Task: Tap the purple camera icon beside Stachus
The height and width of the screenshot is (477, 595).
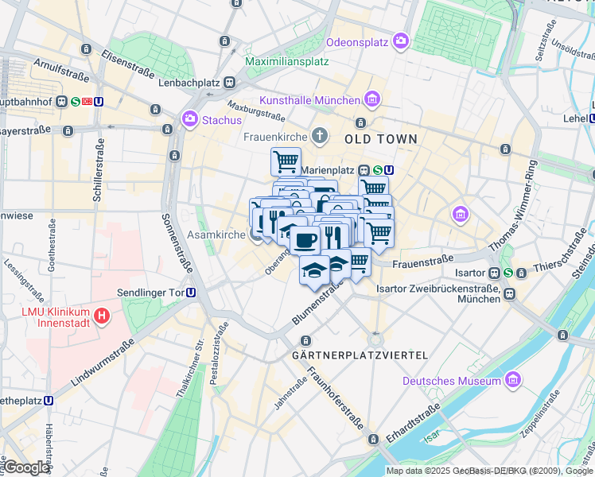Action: tap(190, 119)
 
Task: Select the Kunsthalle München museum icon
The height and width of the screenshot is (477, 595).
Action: tap(371, 99)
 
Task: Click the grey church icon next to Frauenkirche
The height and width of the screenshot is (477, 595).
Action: tap(320, 136)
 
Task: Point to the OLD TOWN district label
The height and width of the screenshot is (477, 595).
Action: tap(380, 138)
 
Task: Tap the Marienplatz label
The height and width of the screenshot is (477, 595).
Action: tap(328, 169)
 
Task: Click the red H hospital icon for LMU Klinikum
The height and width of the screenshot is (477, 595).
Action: tap(102, 317)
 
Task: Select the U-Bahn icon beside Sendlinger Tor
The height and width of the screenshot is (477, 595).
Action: tap(191, 292)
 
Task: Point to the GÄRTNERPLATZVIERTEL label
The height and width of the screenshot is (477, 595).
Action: tap(360, 355)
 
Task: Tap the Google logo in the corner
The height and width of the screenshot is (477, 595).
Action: tap(26, 467)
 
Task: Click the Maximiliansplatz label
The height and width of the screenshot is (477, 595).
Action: tap(287, 60)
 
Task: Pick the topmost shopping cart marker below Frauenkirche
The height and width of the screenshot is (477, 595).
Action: tap(286, 161)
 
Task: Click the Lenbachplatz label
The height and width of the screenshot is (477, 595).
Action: tap(190, 83)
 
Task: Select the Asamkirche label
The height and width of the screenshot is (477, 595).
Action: tap(216, 235)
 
